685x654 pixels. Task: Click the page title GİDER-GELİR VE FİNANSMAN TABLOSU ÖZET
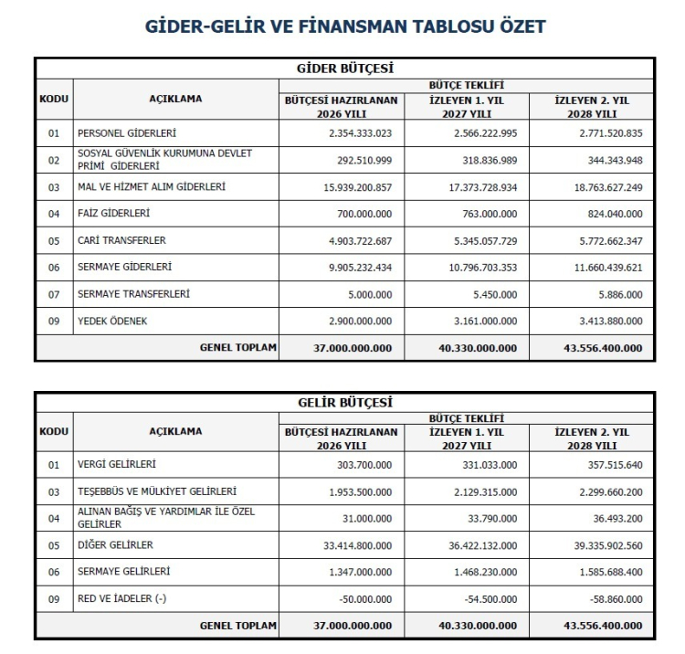[x=345, y=26]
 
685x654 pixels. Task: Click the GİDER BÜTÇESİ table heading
[x=345, y=68]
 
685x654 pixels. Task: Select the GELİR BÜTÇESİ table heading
[x=345, y=401]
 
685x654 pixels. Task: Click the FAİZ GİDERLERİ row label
[x=114, y=213]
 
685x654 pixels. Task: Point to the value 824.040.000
[x=611, y=214]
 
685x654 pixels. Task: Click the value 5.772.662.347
[x=604, y=240]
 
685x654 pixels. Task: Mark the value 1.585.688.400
[x=604, y=573]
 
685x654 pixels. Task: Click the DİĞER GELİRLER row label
[x=115, y=545]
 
